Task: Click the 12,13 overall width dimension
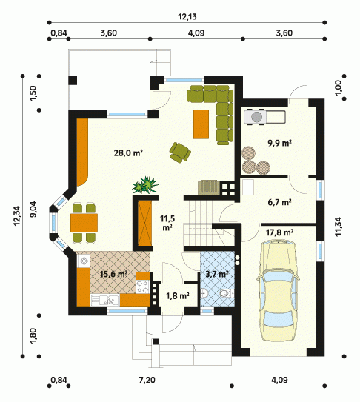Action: (187, 17)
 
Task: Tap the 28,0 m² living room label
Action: (128, 153)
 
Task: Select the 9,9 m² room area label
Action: (280, 143)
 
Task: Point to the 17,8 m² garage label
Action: (279, 232)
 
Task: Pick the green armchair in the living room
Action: (180, 152)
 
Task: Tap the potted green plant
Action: (145, 185)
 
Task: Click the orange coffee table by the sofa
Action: (201, 124)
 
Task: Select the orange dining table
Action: (84, 223)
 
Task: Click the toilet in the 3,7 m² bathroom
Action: (227, 293)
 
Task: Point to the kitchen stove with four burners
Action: (142, 287)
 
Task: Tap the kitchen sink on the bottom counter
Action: (105, 301)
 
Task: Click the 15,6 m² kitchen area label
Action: (113, 274)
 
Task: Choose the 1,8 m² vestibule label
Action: (178, 296)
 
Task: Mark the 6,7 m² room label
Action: (279, 202)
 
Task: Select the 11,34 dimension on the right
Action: (339, 227)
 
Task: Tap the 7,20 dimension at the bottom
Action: (147, 380)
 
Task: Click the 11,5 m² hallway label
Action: (167, 223)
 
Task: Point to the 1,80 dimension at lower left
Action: (33, 336)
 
